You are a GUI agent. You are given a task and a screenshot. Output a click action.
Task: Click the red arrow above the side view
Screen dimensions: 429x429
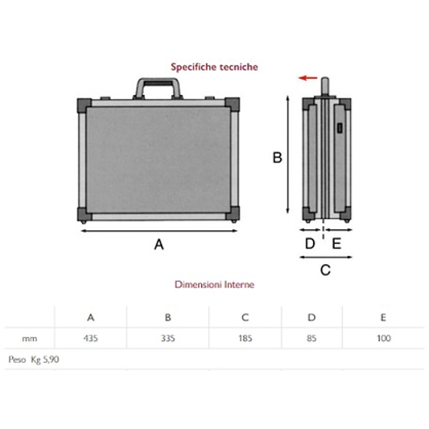308,78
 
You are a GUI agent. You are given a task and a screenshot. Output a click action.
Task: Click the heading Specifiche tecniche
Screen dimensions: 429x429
214,67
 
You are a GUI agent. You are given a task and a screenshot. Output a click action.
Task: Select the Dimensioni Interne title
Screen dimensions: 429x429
214,284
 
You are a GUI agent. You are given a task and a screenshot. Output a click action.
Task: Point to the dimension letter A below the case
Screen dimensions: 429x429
159,244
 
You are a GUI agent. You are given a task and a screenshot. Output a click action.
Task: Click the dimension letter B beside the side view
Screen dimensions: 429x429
277,158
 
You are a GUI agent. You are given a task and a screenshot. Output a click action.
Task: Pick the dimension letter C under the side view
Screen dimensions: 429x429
325,270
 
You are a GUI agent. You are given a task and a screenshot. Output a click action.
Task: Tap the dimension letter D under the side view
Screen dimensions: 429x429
310,244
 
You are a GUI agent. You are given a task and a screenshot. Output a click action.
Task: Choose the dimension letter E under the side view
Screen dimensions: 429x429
337,244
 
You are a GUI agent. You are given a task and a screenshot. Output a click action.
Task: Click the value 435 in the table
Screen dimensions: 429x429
90,339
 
